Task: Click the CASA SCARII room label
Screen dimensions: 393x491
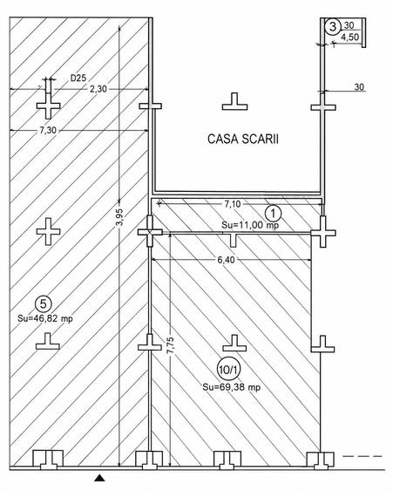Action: coord(243,139)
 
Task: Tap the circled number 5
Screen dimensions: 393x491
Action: coord(44,303)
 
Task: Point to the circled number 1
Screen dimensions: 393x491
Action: coord(273,214)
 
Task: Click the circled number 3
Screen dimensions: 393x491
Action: coord(333,27)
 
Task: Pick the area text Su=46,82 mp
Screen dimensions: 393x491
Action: coord(45,319)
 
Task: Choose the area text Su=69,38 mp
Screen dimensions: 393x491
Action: coord(231,387)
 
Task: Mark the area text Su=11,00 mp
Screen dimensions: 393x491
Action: coord(250,225)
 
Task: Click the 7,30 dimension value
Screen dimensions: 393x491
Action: coord(48,130)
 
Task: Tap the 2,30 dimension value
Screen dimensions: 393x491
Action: coord(98,89)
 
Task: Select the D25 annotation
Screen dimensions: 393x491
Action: coord(78,78)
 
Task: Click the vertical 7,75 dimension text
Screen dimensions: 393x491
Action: coord(171,345)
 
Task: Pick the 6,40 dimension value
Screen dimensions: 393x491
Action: coord(226,260)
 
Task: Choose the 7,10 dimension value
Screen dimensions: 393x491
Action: coord(232,204)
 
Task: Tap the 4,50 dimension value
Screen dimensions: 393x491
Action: coord(349,38)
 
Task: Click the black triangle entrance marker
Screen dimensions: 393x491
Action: coord(99,478)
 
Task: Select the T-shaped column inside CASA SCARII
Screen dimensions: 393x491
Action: coord(234,102)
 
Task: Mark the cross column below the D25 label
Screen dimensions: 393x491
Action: coord(48,106)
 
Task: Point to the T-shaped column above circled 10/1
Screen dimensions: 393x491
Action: coord(234,343)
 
